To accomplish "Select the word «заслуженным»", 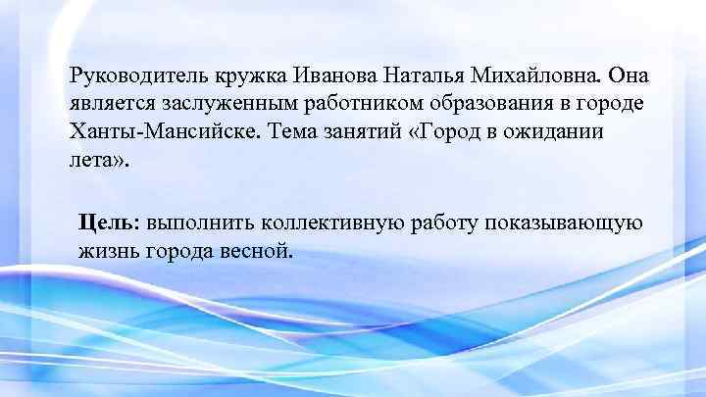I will [223, 103].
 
